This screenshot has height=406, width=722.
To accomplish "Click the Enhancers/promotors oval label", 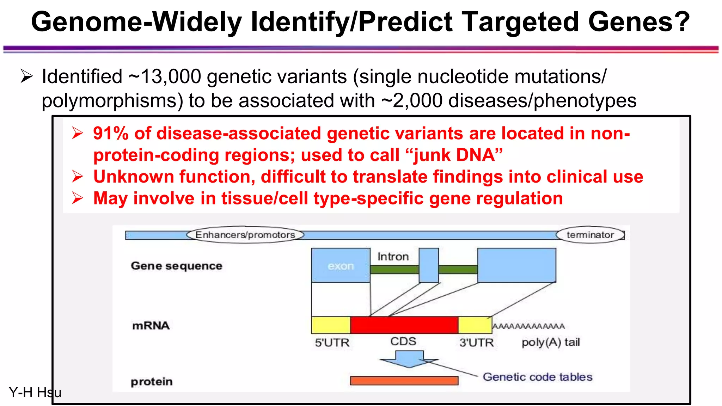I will click(245, 235).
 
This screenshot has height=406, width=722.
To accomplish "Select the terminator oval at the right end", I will click(590, 235).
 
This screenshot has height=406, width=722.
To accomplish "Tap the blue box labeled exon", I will click(341, 265).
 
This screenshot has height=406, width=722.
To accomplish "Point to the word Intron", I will click(393, 257).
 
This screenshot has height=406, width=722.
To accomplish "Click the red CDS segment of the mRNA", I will click(404, 325).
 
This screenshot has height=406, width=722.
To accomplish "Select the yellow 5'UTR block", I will click(331, 325).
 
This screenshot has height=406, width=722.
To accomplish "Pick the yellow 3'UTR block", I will click(475, 325).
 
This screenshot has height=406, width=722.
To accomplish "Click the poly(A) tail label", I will click(551, 342).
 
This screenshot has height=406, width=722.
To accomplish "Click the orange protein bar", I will click(404, 381).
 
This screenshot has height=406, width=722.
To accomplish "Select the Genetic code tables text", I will click(537, 377).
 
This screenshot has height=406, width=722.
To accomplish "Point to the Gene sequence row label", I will click(176, 266).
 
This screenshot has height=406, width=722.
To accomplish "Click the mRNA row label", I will click(151, 326).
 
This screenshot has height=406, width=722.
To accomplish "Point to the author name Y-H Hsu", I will click(35, 392).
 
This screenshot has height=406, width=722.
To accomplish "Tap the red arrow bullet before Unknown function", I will click(77, 176).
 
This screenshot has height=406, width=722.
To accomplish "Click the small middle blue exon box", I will click(429, 265).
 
